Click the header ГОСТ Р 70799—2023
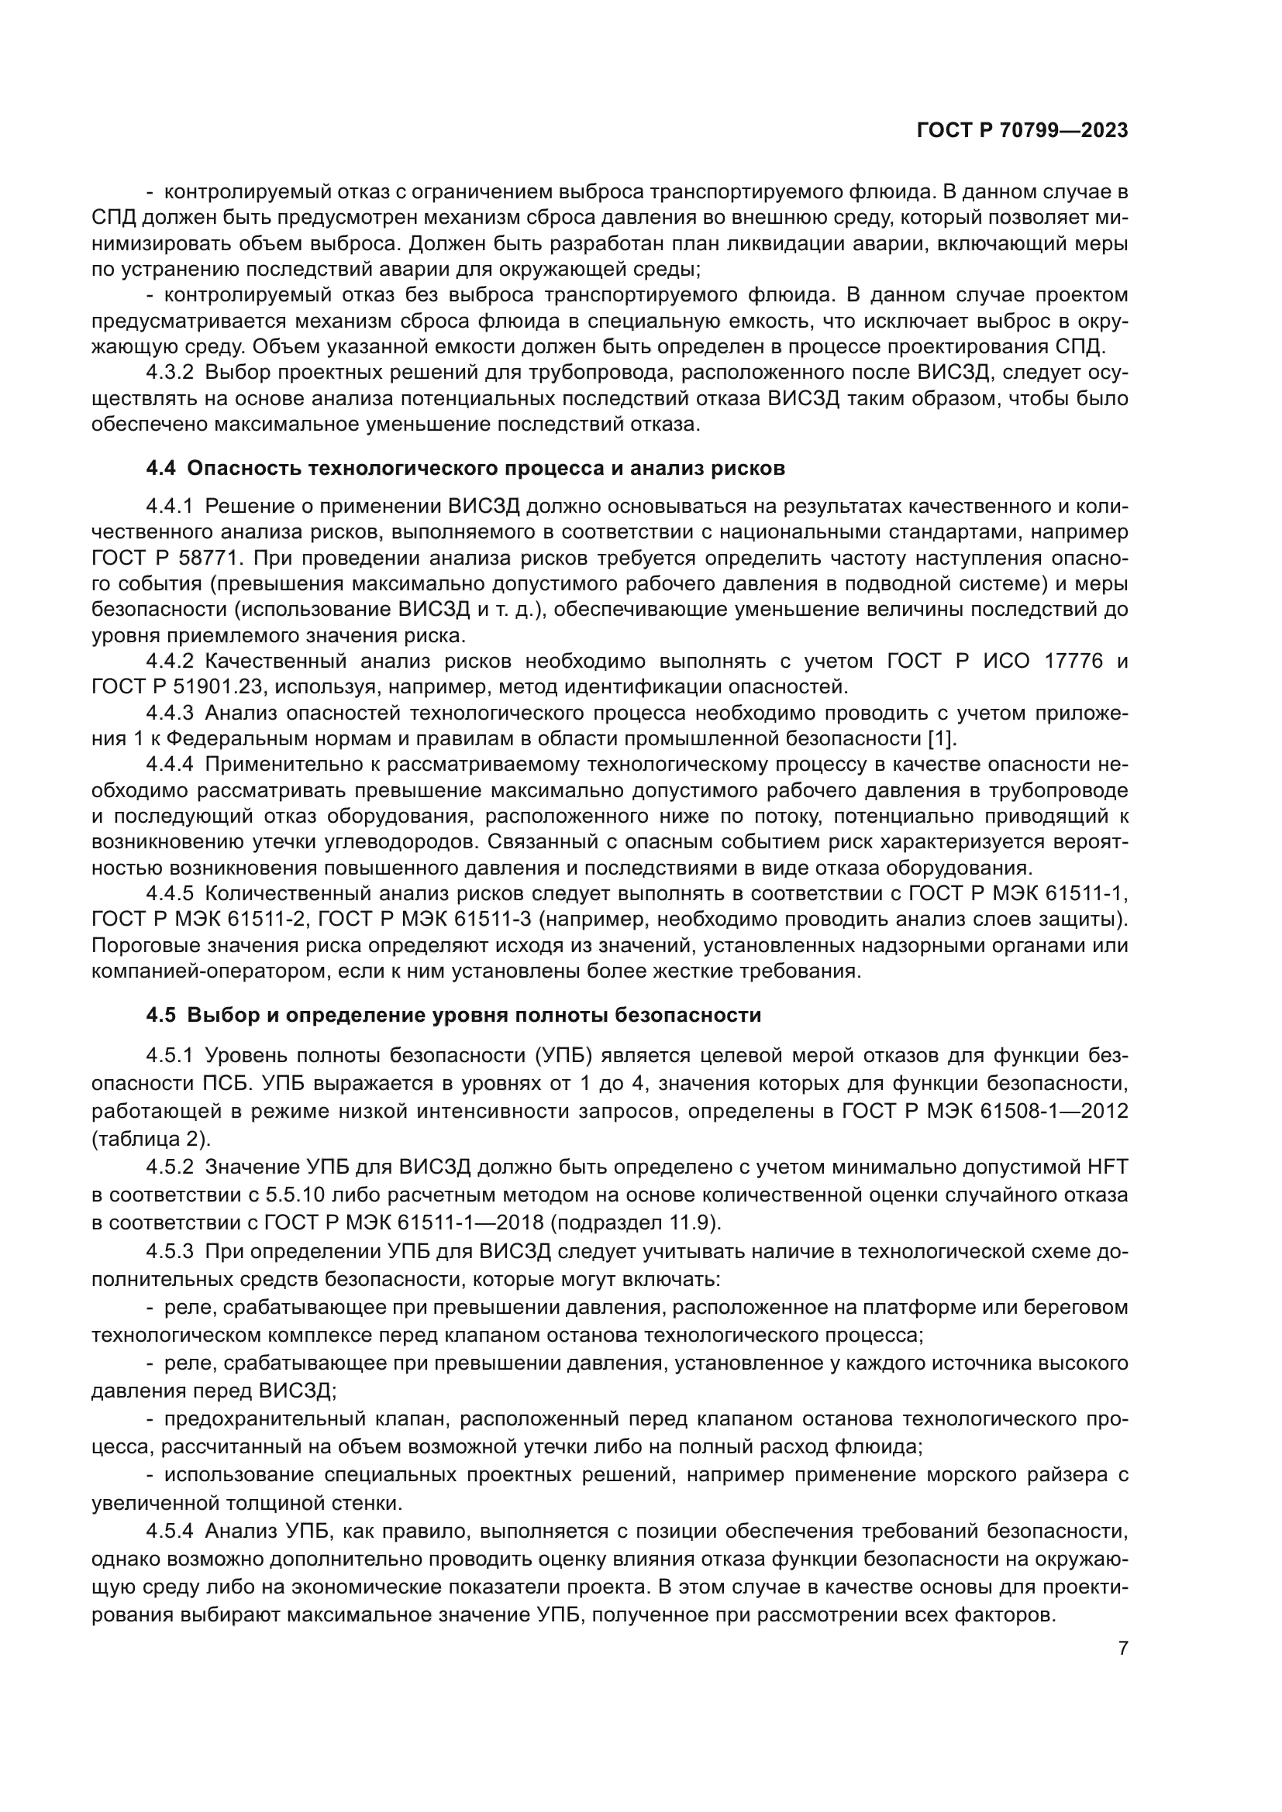pos(1022,131)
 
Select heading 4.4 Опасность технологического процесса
pos(465,468)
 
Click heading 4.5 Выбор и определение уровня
pos(453,1015)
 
